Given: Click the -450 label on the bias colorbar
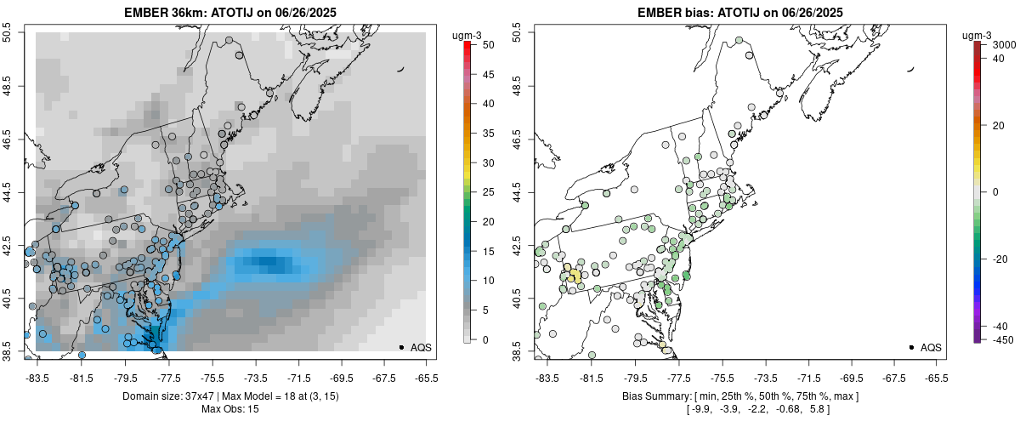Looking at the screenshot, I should pyautogui.click(x=1001, y=340).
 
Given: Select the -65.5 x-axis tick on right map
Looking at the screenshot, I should pyautogui.click(x=936, y=379).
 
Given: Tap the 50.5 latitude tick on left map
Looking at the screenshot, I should pyautogui.click(x=8, y=33).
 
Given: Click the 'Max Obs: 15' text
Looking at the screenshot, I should pyautogui.click(x=229, y=409).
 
